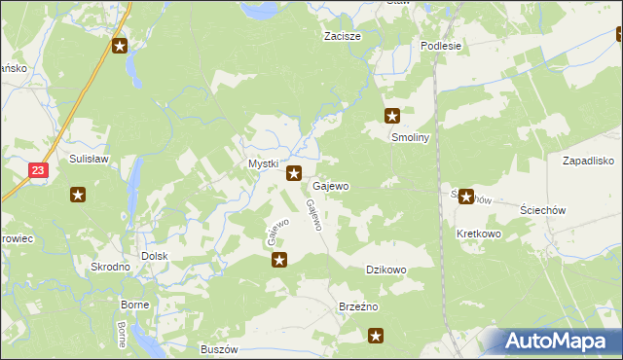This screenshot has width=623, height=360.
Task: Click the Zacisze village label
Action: tap(343, 36)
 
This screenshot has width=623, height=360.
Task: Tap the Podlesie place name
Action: tap(440, 46)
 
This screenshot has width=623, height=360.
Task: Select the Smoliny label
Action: tap(410, 137)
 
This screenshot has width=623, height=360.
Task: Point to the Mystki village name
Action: tap(263, 164)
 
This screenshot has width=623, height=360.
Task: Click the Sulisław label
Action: tap(88, 157)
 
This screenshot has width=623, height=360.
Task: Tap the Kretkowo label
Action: tap(477, 234)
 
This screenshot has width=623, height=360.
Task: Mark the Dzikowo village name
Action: tap(385, 270)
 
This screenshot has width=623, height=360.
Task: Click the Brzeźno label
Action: tap(357, 306)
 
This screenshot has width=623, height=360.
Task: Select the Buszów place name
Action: tap(219, 349)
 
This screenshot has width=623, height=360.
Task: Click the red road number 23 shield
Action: tap(36, 169)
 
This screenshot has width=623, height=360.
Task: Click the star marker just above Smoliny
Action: tap(392, 115)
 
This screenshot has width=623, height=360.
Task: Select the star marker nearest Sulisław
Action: tap(79, 194)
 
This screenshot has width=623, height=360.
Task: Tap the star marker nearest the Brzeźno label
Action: tap(376, 337)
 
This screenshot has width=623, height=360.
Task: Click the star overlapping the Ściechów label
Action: tap(466, 197)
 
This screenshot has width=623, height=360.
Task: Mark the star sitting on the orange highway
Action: tap(120, 46)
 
